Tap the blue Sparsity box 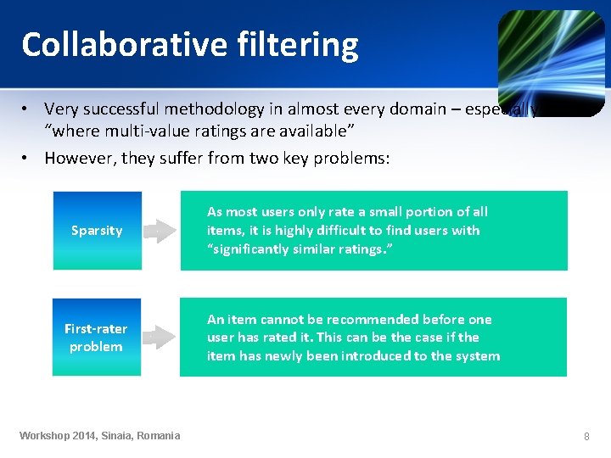pyautogui.click(x=97, y=231)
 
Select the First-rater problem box pyautogui.click(x=96, y=337)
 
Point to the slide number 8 pyautogui.click(x=586, y=436)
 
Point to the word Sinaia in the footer pyautogui.click(x=120, y=436)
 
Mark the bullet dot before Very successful pyautogui.click(x=27, y=109)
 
